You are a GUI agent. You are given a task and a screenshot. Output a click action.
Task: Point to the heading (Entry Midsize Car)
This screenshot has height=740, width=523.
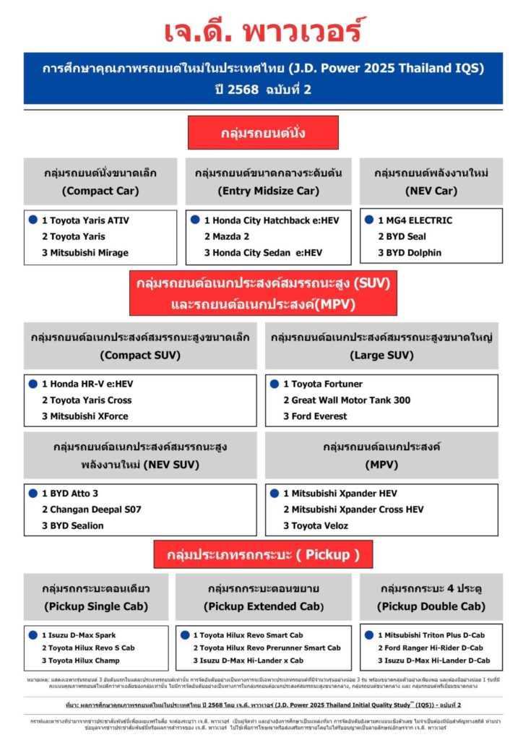pos(268,191)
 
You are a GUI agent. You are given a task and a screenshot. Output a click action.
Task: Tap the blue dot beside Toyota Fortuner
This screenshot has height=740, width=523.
pos(275,384)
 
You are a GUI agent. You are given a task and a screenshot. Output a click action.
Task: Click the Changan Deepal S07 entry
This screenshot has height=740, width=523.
pos(91,509)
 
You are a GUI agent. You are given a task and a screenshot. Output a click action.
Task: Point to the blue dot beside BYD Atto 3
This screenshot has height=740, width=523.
pos(33,493)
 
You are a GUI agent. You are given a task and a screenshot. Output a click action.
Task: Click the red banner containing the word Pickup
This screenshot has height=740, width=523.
pos(263,554)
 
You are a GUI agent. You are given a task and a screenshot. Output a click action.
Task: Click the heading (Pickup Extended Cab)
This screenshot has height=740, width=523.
pos(263,606)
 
